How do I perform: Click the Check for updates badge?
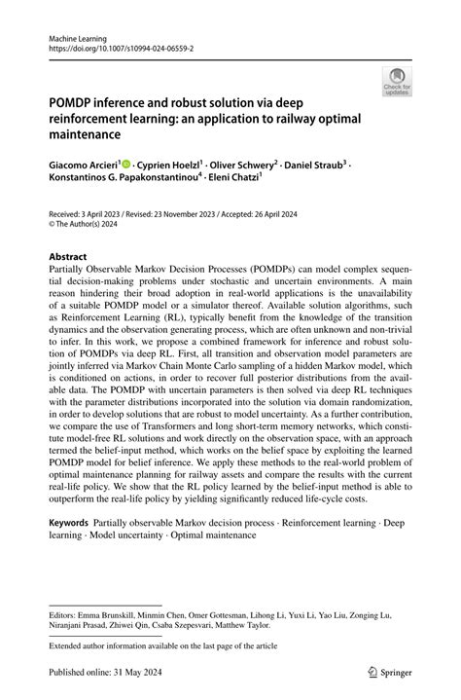click(x=397, y=82)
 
